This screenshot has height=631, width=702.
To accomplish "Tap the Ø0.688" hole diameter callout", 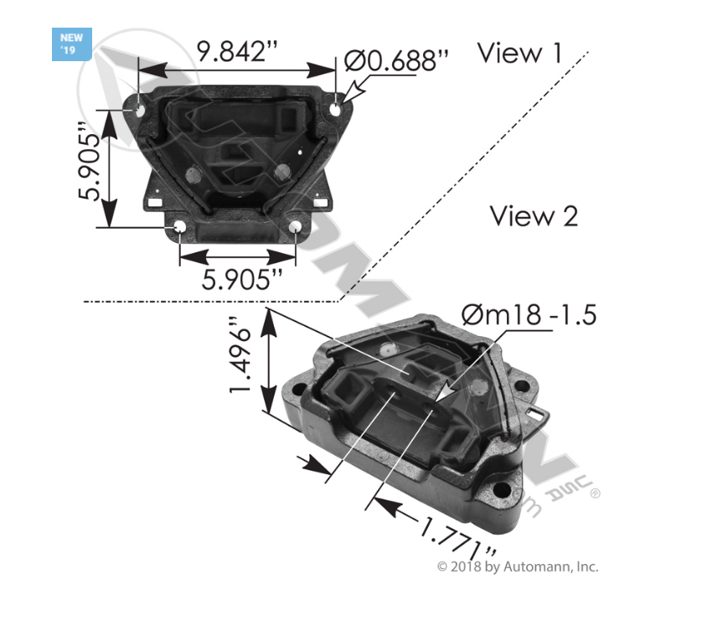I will click(396, 59).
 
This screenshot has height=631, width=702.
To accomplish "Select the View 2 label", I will click(534, 216).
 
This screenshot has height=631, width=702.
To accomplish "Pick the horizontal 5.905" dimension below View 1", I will click(237, 279).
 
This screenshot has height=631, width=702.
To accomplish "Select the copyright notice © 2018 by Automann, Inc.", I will click(518, 566).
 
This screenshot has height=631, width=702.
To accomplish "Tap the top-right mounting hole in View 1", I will click(336, 110).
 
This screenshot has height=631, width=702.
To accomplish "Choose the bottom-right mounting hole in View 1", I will click(295, 226).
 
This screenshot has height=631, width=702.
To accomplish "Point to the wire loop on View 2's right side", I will click(539, 413).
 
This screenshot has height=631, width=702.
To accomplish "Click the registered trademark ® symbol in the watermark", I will click(596, 494).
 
